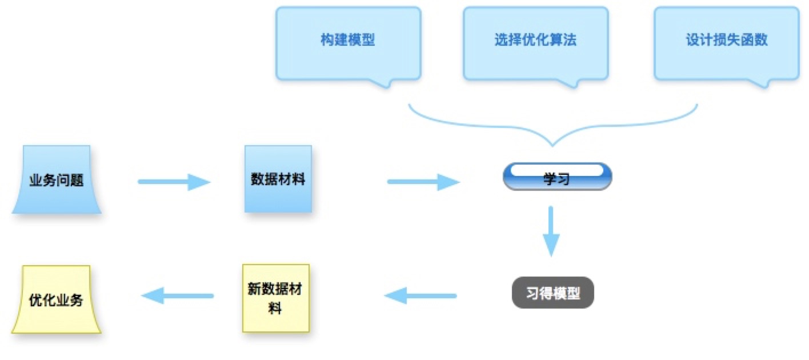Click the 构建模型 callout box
coord(348,41)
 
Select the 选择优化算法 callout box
coord(535,41)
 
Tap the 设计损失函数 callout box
coord(726,41)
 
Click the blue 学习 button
coord(557,177)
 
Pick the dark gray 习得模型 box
coord(552,294)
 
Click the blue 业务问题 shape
coord(57,180)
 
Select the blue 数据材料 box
coord(278,179)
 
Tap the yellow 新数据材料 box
coord(276,297)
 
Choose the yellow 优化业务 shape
coord(56,299)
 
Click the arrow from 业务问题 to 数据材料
coord(174,182)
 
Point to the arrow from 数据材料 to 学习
coord(423,182)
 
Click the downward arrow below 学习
coord(550,231)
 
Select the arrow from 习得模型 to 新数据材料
coord(420,296)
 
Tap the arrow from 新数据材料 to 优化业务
coord(177,296)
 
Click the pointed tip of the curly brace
coord(553,143)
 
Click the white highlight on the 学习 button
coord(557,170)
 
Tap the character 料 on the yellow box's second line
coord(276,309)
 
